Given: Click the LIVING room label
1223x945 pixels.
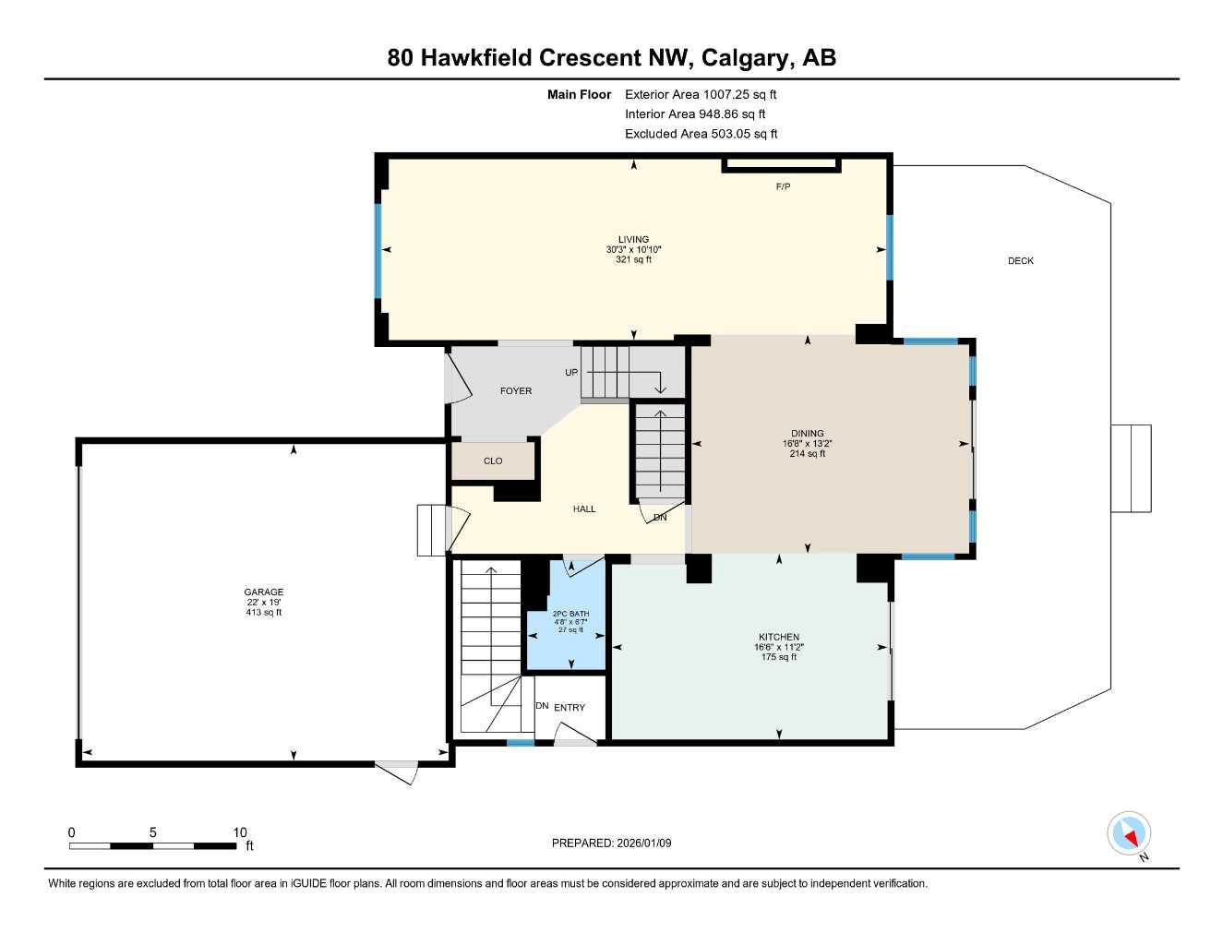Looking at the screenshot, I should click(633, 240).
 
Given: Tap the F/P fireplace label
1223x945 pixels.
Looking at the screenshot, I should click(783, 187).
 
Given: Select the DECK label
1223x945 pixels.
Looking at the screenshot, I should click(1020, 261).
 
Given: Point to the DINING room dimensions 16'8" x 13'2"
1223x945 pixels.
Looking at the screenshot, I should click(807, 444).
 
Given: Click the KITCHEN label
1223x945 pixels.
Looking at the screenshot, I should click(778, 637).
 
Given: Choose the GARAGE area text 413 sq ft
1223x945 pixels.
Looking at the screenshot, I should click(264, 613).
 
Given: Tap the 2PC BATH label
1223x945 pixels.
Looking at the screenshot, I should click(570, 614).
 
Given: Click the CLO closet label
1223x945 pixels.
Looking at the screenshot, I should click(493, 461).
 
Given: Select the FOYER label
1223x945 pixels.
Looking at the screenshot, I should click(515, 391).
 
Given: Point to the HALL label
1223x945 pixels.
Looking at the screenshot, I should click(584, 508).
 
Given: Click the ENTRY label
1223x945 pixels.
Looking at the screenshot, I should click(570, 708).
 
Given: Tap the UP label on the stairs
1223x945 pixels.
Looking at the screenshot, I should click(571, 373).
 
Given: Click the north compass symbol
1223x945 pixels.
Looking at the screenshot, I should click(1129, 834).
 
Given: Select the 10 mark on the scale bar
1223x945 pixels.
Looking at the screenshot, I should click(240, 832).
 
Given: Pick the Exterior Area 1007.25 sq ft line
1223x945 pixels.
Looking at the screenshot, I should click(701, 94).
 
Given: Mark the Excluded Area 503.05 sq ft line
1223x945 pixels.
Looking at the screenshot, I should click(701, 134).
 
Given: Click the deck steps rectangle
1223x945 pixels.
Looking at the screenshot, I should click(1131, 468).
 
